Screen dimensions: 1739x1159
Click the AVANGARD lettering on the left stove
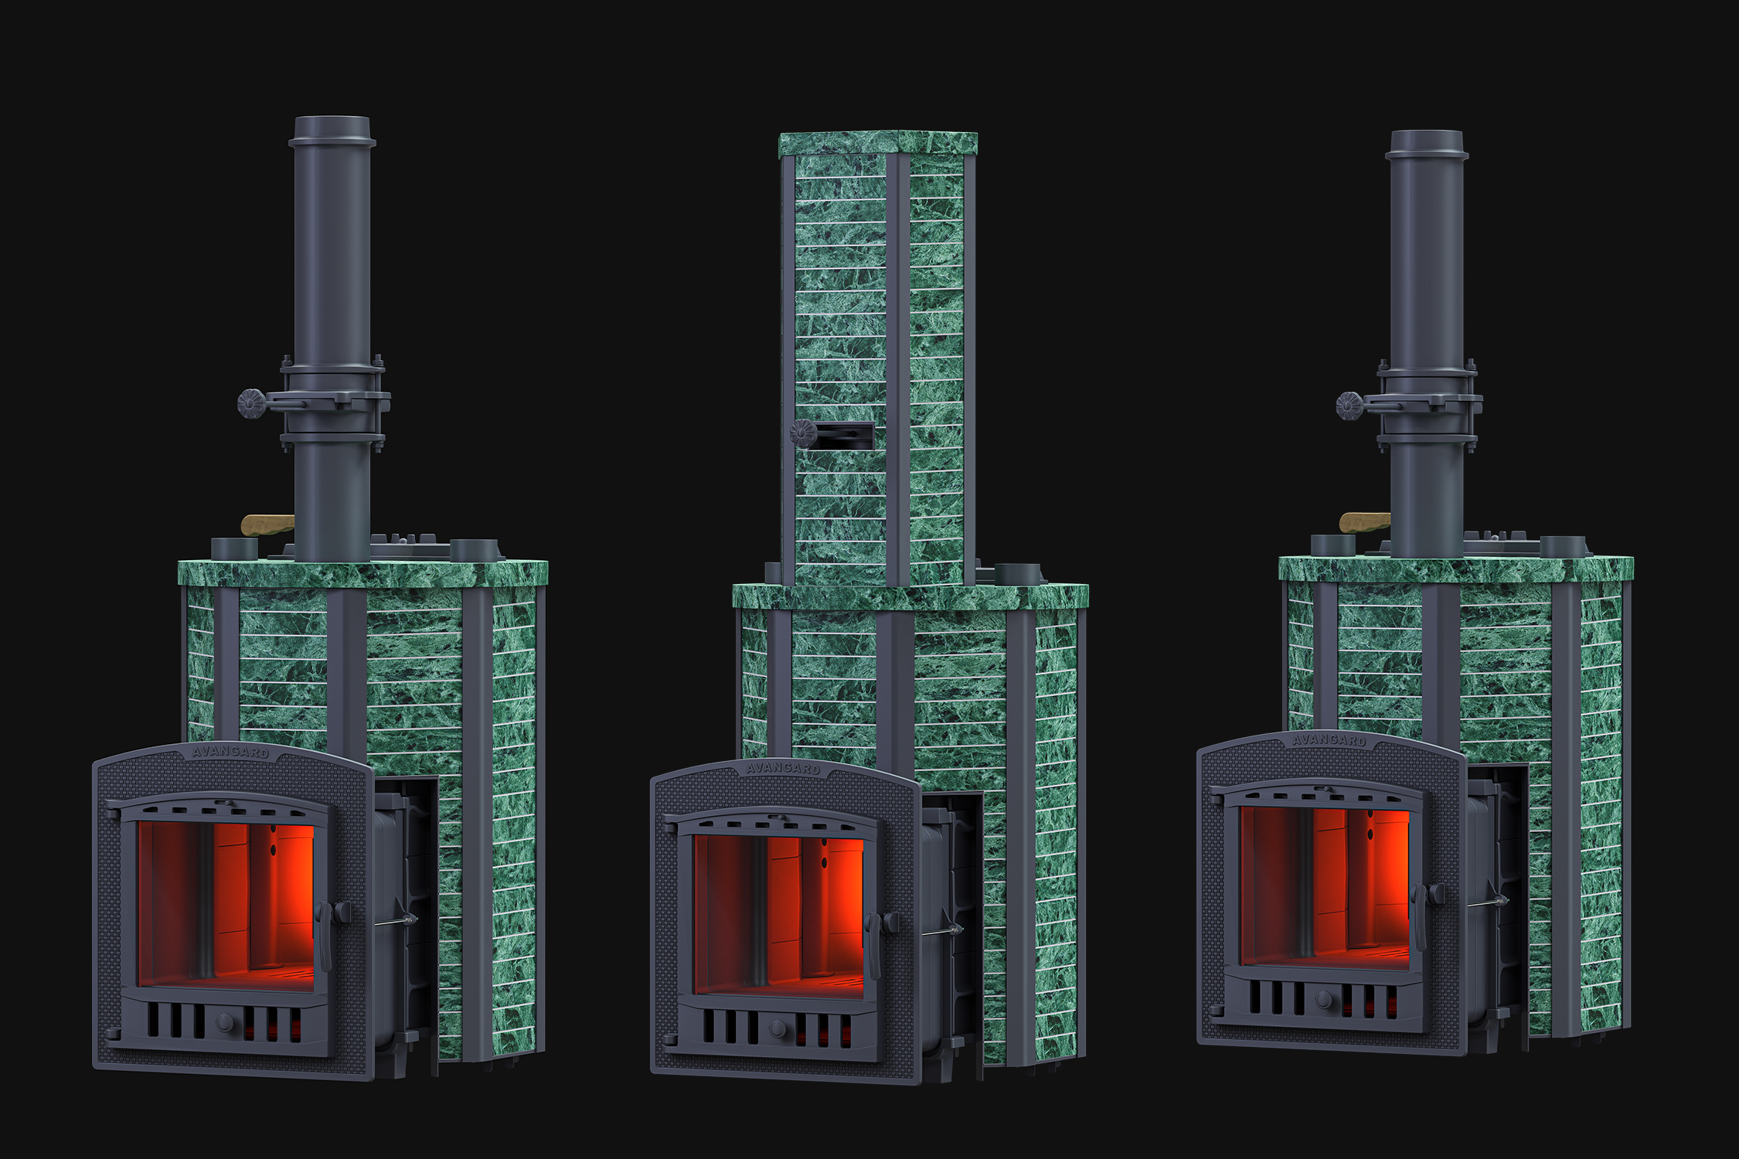tap(230, 751)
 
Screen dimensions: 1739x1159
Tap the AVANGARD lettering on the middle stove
tap(784, 768)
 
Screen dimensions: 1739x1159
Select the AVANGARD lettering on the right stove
tap(1329, 739)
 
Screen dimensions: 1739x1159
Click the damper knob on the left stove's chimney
tap(250, 403)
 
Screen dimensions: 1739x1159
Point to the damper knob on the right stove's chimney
tap(1349, 406)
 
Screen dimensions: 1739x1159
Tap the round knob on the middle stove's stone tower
tap(804, 433)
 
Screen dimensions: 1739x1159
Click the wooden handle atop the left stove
tap(267, 525)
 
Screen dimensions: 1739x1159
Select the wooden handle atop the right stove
tap(1365, 523)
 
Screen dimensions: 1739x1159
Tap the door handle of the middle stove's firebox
tap(876, 946)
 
